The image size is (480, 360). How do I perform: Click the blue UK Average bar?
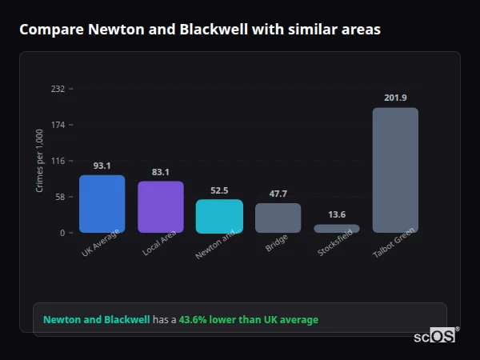tap(102, 204)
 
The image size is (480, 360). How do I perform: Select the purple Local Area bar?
tap(161, 207)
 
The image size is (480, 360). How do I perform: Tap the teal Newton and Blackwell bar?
tap(219, 216)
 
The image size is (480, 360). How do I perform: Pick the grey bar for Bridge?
tap(278, 218)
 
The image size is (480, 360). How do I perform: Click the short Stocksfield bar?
tap(337, 229)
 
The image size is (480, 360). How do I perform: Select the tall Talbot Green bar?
tap(395, 170)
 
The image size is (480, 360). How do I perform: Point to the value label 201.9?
tap(395, 98)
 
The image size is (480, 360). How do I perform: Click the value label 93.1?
tap(102, 166)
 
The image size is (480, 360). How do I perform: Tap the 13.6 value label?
tap(337, 214)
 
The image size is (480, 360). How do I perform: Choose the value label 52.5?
tap(219, 190)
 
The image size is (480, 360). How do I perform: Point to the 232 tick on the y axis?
tap(58, 89)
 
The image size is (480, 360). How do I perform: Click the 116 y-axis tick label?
tap(58, 161)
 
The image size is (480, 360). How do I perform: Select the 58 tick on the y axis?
tap(60, 197)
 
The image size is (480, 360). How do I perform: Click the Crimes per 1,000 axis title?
tap(39, 160)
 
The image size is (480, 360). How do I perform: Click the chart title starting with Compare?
tap(200, 30)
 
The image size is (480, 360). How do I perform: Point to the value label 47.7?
tap(278, 194)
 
